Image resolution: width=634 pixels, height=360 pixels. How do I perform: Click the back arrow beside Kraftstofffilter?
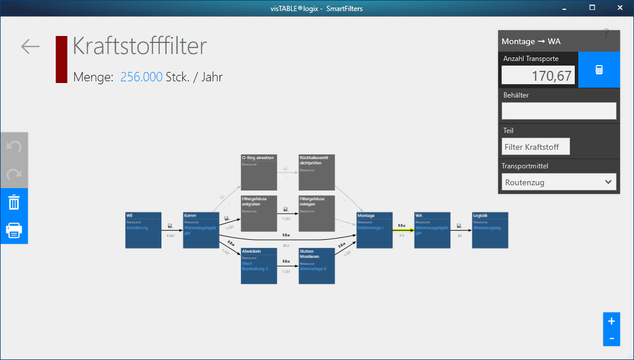pyautogui.click(x=30, y=46)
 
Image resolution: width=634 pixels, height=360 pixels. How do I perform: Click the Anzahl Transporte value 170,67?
pyautogui.click(x=538, y=75)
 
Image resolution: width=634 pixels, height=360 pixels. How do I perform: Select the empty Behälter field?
pyautogui.click(x=559, y=111)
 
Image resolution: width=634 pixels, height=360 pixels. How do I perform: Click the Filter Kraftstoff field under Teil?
pyautogui.click(x=535, y=147)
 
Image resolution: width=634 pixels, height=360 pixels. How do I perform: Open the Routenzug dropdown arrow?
pyautogui.click(x=608, y=182)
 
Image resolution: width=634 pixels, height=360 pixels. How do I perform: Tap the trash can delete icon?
pyautogui.click(x=14, y=203)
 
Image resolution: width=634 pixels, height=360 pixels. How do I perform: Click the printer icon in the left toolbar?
pyautogui.click(x=14, y=230)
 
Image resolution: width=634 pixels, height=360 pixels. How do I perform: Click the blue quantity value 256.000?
pyautogui.click(x=141, y=77)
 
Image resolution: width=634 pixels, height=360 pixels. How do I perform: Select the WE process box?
pyautogui.click(x=143, y=230)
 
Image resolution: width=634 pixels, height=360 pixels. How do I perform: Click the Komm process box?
pyautogui.click(x=200, y=230)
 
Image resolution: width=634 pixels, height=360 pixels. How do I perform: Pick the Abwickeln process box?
pyautogui.click(x=258, y=266)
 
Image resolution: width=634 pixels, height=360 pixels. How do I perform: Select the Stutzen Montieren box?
pyautogui.click(x=316, y=266)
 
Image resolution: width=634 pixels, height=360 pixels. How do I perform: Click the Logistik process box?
pyautogui.click(x=489, y=230)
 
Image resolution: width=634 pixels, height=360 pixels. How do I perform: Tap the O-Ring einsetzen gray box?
pyautogui.click(x=258, y=172)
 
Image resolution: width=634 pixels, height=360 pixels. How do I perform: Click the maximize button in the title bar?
pyautogui.click(x=592, y=8)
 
